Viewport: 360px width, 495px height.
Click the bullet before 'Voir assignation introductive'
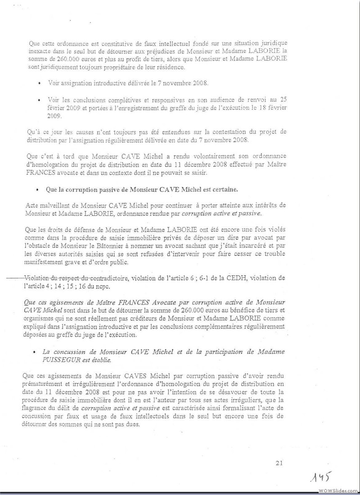40,84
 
